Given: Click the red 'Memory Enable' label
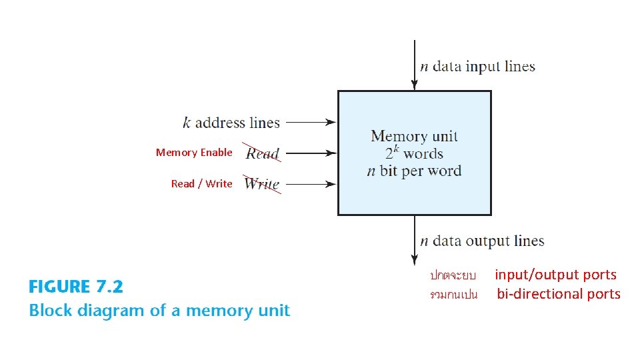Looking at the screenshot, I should point(194,153).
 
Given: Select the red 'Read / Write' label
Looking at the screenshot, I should point(201,184).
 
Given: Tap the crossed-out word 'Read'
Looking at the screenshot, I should point(263,153).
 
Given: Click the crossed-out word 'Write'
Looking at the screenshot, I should point(261,184).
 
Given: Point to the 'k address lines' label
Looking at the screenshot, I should point(231,123).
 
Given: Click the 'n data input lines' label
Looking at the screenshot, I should point(477,66).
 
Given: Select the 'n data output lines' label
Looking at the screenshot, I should point(482,241).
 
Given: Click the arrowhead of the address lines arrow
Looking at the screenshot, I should point(331,123).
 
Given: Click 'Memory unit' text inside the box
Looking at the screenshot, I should point(414,137).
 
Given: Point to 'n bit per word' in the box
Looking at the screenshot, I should point(414,171).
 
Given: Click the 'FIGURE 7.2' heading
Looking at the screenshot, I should point(76,287).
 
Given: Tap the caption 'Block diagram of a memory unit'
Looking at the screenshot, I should point(159,311).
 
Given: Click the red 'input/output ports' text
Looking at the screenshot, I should point(555,275).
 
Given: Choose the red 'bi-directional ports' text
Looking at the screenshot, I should point(558,294).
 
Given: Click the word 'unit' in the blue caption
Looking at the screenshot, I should point(274,311).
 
